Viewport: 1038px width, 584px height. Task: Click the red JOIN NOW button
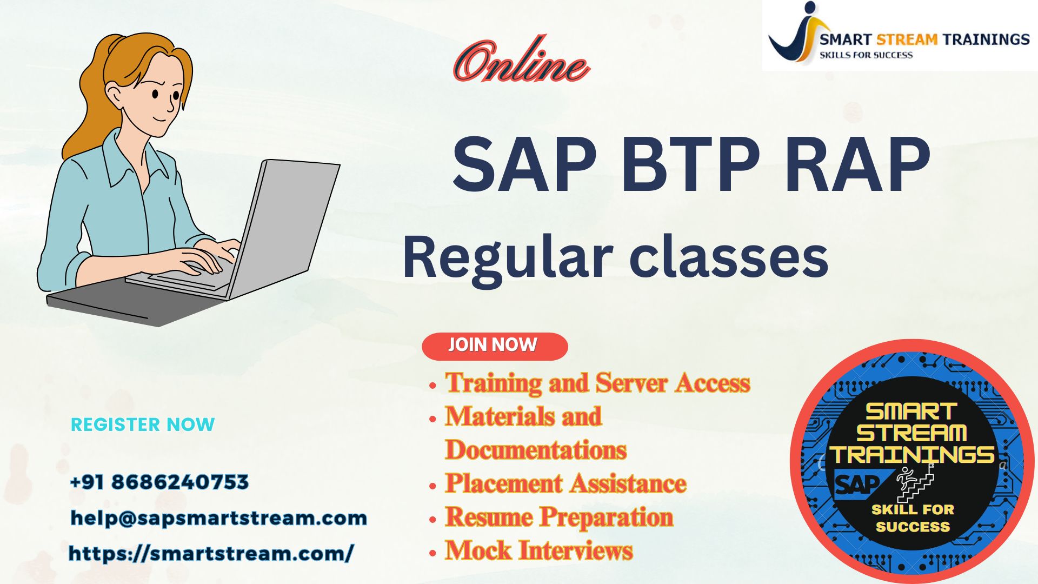495,346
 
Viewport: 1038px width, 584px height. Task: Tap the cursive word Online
521,61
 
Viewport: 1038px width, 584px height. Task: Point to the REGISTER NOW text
143,424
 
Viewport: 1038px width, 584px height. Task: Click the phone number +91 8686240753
159,482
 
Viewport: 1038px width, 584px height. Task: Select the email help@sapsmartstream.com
219,518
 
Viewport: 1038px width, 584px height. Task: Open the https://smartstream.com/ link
211,553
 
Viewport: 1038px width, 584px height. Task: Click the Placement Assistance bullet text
565,483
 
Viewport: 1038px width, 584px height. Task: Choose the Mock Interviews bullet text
538,550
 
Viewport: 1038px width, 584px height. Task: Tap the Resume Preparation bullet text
559,517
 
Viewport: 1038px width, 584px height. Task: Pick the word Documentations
536,450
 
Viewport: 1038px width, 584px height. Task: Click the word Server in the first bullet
631,383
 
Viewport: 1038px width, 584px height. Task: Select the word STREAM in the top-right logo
907,39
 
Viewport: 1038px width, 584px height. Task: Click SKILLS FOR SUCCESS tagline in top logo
866,55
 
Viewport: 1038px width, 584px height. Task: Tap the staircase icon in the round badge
915,482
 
